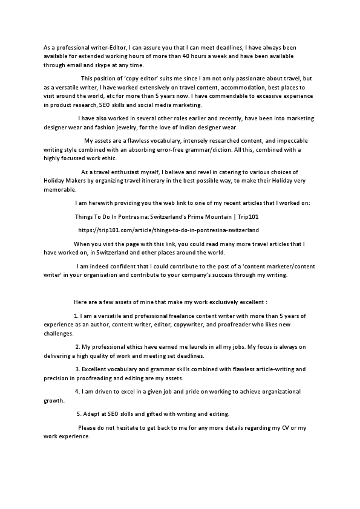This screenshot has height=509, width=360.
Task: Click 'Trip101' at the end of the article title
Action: point(249,216)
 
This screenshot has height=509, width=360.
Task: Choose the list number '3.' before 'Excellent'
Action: point(77,369)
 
